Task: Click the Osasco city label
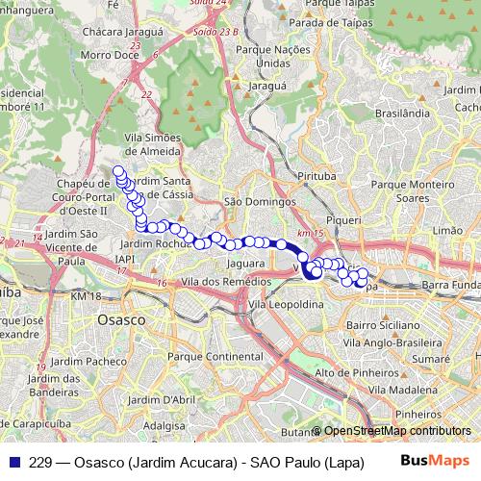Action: pos(122,318)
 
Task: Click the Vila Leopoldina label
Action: pos(286,303)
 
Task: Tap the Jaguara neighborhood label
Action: pos(245,263)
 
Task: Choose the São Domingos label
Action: pos(260,202)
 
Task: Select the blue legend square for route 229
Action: pos(12,462)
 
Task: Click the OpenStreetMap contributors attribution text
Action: pos(396,431)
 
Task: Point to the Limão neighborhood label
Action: pos(448,231)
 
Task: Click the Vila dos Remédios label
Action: pos(219,280)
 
